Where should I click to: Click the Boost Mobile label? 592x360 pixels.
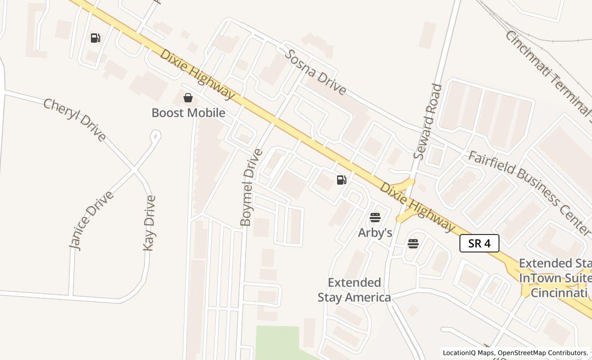coord(188,113)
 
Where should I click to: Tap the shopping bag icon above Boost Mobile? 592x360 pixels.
coord(188,98)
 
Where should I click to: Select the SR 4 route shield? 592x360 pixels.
coord(479,243)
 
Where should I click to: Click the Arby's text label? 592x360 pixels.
coord(375,233)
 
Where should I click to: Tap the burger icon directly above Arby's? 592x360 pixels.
coord(375,218)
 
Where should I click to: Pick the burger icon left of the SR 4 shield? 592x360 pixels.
coord(413,244)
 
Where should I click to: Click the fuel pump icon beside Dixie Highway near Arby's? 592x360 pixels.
coord(342,180)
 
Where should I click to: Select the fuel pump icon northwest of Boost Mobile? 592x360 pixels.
coord(96,38)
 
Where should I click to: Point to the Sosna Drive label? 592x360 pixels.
coord(316,72)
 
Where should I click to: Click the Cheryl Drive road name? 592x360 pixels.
coord(75,120)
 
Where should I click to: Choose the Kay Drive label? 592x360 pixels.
coord(149,223)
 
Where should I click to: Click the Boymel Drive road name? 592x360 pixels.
coord(251,187)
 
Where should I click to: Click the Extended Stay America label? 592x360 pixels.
coord(354,290)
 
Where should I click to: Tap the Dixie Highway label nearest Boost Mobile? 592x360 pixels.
coord(197,74)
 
